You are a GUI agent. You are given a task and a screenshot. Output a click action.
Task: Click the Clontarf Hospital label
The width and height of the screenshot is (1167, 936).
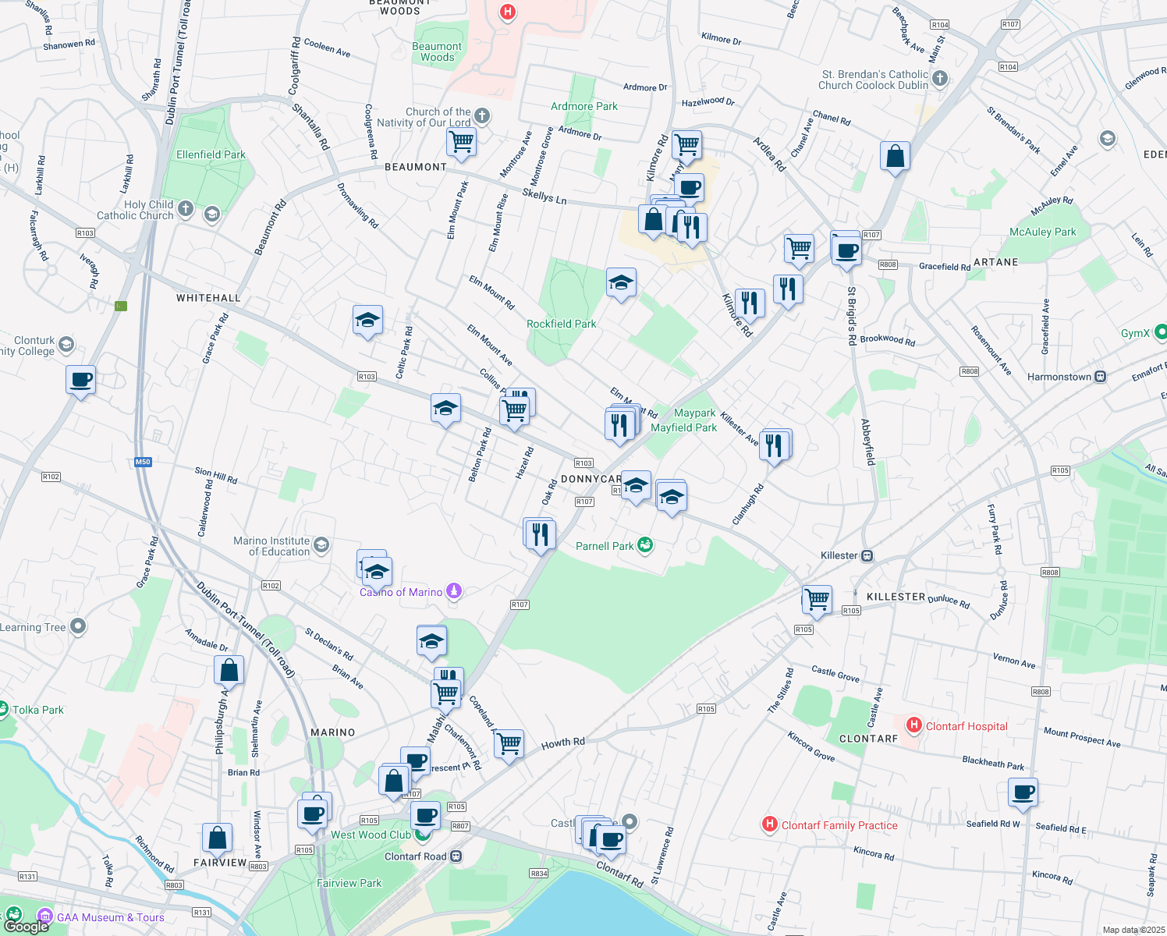[x=966, y=726]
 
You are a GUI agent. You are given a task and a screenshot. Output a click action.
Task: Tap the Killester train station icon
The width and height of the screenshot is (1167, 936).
[x=867, y=556]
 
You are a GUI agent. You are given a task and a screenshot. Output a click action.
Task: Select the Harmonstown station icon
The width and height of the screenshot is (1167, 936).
[x=1100, y=377]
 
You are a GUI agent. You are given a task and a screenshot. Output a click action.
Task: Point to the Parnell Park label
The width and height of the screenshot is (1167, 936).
[x=605, y=546]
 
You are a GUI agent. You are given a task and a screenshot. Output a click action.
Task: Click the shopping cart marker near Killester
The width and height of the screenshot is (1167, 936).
[x=817, y=600]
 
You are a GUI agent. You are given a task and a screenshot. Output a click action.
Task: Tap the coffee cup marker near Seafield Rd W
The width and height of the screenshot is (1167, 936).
[x=1023, y=792]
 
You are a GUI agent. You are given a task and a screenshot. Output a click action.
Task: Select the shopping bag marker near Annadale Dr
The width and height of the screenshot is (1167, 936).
[x=229, y=670]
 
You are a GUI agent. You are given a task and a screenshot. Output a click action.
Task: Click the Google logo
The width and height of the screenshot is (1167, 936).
[x=26, y=926]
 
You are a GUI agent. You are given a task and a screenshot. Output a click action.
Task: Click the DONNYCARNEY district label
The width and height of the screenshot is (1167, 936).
[x=591, y=479]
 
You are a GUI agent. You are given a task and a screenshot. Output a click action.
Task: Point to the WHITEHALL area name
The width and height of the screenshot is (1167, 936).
[x=208, y=298]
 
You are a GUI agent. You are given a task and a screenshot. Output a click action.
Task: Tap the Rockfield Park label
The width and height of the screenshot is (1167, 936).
[x=561, y=324]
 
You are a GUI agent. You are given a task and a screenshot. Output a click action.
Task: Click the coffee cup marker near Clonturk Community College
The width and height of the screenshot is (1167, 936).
[x=81, y=380]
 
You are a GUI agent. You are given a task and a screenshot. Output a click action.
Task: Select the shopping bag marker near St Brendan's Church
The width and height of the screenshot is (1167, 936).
[x=896, y=156]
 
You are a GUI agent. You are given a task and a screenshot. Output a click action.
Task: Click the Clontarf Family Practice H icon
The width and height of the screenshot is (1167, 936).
[x=769, y=824]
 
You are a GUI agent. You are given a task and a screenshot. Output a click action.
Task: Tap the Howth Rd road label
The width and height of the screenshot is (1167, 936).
[x=562, y=743]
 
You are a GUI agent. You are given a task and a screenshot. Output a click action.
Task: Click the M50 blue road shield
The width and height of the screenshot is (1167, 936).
[x=143, y=462]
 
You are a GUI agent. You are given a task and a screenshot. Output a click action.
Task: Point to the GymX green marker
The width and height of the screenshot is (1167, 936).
[x=1160, y=333]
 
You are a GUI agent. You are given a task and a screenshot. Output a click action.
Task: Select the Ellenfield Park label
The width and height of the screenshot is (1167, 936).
[x=211, y=154]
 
